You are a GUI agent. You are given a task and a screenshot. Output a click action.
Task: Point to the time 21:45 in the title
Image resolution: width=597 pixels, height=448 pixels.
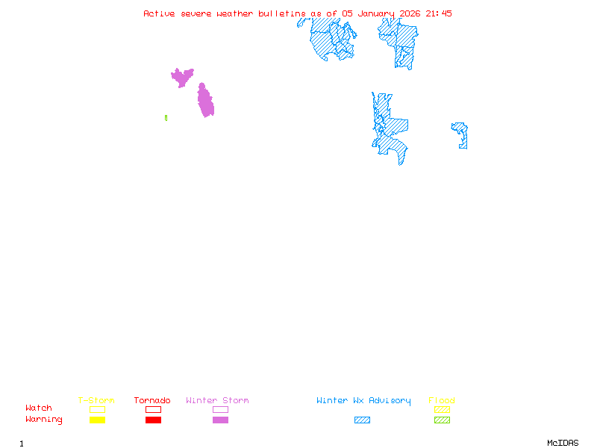tap(439, 13)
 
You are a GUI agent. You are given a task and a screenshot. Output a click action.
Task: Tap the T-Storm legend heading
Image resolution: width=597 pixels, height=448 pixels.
tap(96, 401)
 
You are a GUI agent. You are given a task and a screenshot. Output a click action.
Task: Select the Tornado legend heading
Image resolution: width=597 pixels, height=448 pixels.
tap(152, 401)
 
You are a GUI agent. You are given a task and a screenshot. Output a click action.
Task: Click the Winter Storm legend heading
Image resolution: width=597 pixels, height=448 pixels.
tap(217, 401)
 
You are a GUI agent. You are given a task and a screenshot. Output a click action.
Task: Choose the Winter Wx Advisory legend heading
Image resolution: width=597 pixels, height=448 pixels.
tap(363, 401)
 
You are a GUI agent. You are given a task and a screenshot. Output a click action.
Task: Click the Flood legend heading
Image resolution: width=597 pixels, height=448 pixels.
tap(441, 401)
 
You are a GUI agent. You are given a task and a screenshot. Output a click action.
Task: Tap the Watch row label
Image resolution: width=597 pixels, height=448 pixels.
tap(39, 408)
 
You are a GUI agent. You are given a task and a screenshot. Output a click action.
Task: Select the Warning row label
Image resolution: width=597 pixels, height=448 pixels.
tap(44, 420)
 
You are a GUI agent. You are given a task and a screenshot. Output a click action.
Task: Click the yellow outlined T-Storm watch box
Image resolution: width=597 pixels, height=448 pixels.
tap(97, 409)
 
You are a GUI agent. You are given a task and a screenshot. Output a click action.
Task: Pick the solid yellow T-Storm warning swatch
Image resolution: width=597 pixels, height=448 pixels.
tap(97, 420)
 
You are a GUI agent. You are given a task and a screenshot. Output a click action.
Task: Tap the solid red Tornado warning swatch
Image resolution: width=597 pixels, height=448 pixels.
tap(153, 420)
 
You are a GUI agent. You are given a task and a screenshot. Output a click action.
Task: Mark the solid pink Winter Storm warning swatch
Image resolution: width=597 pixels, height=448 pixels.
tap(220, 420)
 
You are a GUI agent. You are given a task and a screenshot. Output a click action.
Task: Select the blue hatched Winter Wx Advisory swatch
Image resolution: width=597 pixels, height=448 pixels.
tap(362, 420)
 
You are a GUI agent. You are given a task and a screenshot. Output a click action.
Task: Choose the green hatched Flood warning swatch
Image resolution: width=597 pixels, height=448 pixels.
tap(442, 420)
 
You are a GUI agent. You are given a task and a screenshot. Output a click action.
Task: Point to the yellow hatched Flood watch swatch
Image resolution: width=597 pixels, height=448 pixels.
tap(442, 409)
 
